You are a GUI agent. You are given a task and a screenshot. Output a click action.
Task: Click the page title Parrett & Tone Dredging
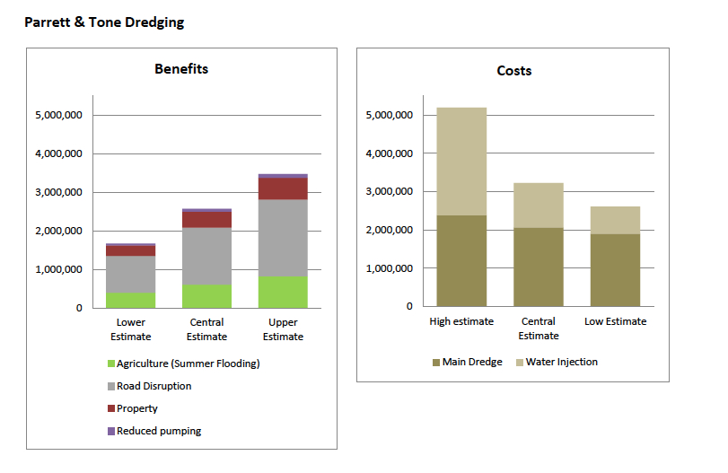coord(104,22)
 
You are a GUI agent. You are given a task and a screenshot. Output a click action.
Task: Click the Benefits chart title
coord(181,69)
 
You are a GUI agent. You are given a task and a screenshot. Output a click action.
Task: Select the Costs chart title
coord(513,71)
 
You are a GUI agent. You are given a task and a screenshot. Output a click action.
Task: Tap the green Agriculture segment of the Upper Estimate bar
coord(283,292)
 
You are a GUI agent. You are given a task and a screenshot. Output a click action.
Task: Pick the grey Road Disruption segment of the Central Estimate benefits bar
coord(206,256)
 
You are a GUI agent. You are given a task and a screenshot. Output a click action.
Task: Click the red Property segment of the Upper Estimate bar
coord(283,188)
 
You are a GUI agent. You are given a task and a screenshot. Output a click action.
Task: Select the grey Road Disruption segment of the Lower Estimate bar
coord(131,274)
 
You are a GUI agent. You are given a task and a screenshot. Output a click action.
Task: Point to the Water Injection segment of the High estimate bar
coord(461,162)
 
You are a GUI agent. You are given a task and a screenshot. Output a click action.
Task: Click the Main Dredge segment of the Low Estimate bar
coord(615,269)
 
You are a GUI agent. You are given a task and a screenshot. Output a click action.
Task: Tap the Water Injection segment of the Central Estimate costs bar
coord(539,206)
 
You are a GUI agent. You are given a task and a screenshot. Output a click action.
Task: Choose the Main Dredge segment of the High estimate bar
coord(461,260)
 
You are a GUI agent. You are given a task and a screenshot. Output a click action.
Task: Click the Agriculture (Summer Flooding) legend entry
coord(188,364)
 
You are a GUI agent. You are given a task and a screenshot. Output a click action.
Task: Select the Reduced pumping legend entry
coord(158,431)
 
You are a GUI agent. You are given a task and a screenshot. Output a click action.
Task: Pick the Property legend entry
coord(137,408)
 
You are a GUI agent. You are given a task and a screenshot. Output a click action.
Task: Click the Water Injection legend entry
coord(561,362)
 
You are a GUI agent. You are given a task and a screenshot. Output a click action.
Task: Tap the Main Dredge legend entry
coord(471,362)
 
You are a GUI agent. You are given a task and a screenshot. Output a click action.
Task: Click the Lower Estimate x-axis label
coord(131,329)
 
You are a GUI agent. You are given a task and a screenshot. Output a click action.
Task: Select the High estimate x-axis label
coord(461,321)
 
